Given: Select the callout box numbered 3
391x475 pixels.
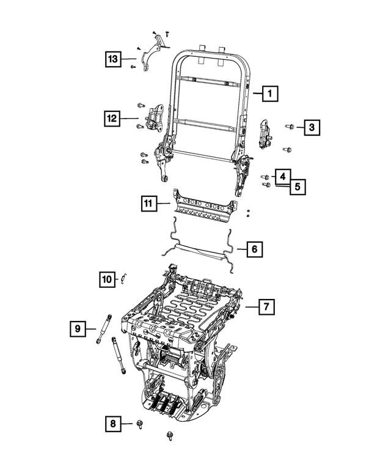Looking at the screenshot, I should point(312,127).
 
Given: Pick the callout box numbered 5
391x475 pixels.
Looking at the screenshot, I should point(297,186).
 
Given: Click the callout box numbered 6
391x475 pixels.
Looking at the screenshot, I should point(255,249).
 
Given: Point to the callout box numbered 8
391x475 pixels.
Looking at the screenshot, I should point(112,422).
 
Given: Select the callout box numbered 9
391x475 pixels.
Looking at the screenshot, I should point(78,329).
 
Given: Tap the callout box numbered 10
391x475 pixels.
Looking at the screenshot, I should point(107,279).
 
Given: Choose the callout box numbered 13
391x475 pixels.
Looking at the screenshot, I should point(111,59).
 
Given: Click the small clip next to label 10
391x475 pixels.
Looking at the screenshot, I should point(123,278).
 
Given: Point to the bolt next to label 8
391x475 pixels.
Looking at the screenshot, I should point(139,423).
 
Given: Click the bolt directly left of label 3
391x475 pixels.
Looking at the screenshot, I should point(290,127).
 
